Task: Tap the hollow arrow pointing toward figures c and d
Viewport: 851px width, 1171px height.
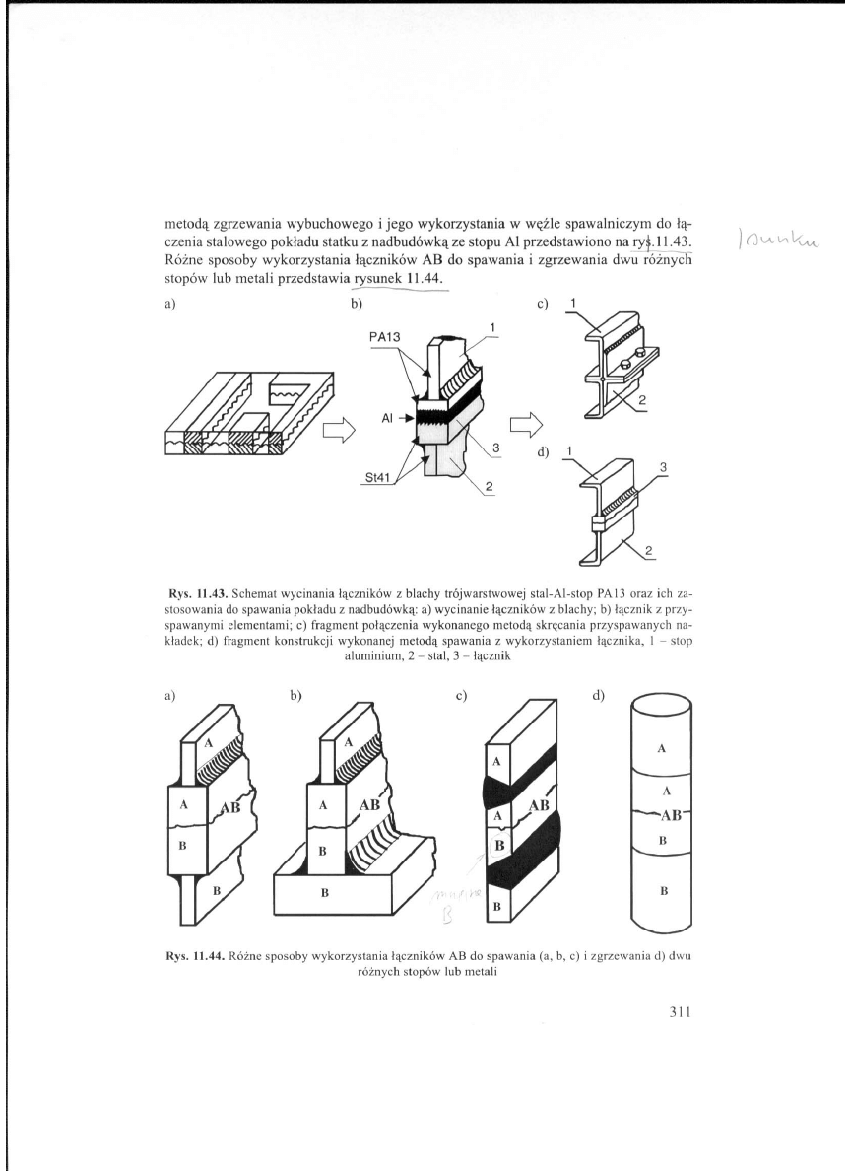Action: click(524, 424)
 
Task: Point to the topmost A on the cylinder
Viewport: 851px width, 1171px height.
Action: click(663, 747)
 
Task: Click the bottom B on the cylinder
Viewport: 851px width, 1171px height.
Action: click(663, 890)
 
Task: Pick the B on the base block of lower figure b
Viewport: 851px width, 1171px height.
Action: click(325, 893)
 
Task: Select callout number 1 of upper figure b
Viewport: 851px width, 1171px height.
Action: click(490, 326)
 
